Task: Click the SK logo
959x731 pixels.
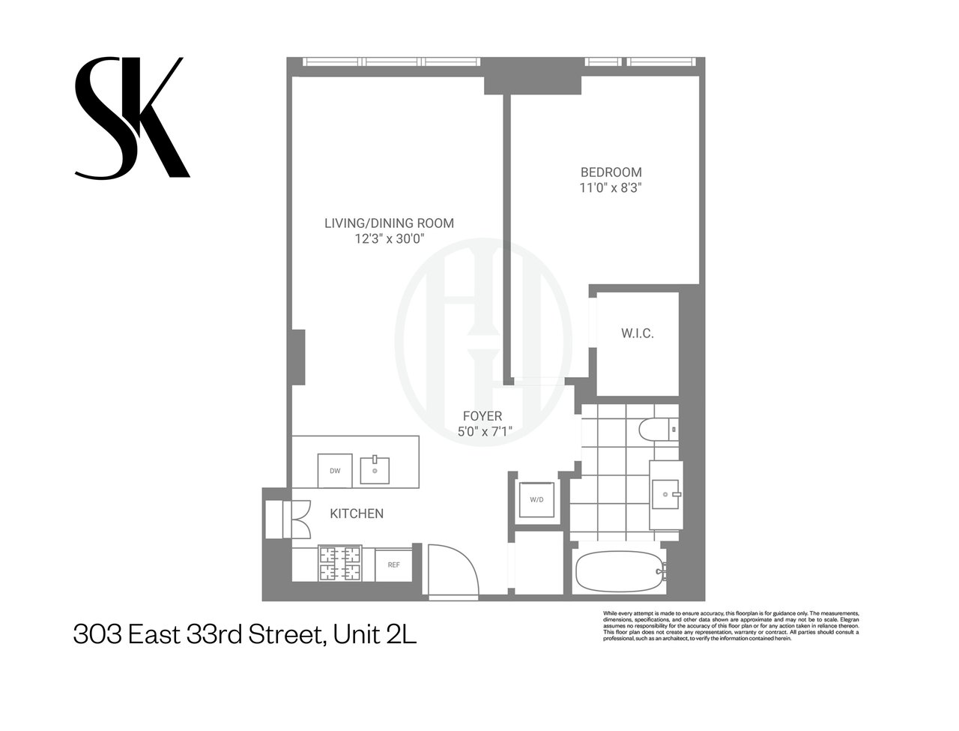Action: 131,118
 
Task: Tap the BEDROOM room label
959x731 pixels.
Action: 611,172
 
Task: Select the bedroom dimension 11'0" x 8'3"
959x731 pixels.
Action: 611,188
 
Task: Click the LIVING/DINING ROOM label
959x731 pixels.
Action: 389,223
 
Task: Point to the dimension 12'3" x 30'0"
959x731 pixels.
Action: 389,239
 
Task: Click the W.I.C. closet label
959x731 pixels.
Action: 637,334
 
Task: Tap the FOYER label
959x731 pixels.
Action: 482,416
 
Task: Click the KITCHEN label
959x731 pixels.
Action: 357,514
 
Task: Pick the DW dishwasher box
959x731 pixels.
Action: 335,471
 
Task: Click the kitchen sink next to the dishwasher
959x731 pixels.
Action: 375,471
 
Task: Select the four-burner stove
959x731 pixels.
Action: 340,564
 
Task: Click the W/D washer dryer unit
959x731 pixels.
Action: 536,499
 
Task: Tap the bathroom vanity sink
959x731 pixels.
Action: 667,494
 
